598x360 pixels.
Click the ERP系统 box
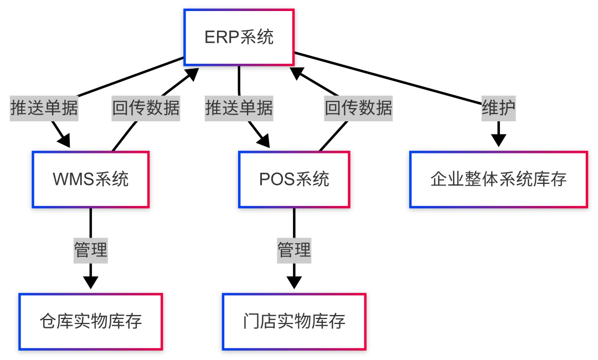click(239, 37)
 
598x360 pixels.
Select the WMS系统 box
click(91, 179)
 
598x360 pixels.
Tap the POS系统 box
click(294, 179)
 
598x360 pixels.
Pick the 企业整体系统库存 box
click(498, 179)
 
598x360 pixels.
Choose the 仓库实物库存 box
click(91, 322)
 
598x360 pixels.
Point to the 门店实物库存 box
click(294, 322)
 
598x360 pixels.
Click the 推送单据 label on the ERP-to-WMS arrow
click(44, 108)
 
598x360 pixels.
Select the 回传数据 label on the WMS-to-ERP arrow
click(146, 108)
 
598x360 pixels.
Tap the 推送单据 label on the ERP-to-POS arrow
click(239, 108)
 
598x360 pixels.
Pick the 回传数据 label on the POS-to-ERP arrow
click(358, 108)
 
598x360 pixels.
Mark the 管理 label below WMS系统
click(91, 250)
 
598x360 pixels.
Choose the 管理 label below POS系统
click(294, 250)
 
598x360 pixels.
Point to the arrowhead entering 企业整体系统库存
click(498, 140)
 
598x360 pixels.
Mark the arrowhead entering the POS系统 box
click(263, 141)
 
